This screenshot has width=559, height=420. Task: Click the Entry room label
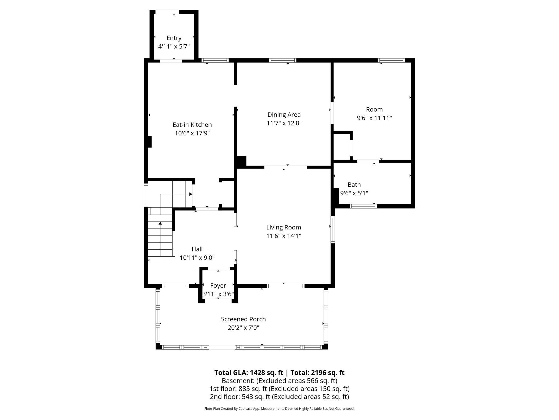(174, 38)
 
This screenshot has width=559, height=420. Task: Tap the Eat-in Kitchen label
(192, 125)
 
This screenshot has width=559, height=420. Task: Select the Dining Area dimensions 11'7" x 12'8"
(284, 123)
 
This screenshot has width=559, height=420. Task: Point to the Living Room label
(284, 227)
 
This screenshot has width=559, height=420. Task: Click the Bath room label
(354, 185)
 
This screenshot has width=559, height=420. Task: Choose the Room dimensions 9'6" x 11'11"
(374, 118)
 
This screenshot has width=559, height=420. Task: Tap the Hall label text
(197, 249)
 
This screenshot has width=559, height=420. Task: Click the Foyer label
(218, 286)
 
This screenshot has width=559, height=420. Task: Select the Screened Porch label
(243, 319)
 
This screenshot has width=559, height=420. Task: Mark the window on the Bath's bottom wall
(363, 206)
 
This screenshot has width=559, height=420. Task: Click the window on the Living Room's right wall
(333, 230)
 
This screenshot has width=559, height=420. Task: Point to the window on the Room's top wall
(391, 60)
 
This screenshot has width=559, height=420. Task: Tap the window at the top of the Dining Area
(283, 60)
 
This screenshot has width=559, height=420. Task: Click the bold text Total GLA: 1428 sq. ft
(249, 373)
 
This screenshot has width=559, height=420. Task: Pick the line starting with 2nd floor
(279, 397)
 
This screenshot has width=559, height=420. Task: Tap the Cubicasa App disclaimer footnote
(279, 409)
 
